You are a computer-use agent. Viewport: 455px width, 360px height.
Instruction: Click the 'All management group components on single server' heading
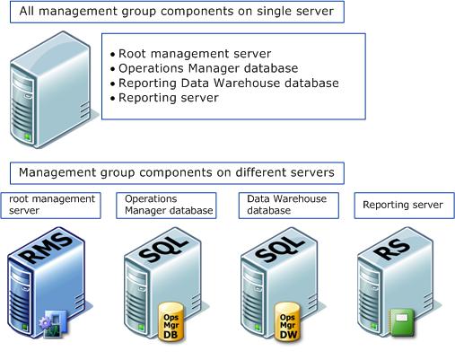coord(177,12)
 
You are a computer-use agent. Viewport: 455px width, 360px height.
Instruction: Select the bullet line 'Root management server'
coord(195,54)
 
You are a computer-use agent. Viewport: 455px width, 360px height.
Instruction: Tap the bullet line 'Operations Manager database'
coord(208,68)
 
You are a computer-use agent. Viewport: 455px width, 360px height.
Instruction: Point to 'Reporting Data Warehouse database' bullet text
coord(229,83)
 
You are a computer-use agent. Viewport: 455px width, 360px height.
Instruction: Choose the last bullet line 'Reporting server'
coord(169,98)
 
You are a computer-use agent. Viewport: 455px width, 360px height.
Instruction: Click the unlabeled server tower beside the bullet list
coord(51,90)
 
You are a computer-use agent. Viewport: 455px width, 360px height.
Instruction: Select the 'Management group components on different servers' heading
coord(177,173)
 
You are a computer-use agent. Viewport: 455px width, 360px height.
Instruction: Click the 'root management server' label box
coord(50,206)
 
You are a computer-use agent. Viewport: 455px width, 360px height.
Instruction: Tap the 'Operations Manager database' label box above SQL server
coord(166,206)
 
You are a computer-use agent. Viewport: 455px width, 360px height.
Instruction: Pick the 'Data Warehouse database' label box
coord(289,206)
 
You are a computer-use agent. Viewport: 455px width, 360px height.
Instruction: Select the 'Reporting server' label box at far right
coord(404,206)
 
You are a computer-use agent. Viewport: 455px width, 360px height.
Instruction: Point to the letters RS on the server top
coord(392,248)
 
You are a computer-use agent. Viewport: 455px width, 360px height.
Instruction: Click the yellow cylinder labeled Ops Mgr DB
coord(171,321)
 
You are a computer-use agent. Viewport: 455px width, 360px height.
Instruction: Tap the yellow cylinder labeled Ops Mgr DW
coord(287,321)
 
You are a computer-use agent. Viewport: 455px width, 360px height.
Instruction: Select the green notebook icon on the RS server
coord(402,322)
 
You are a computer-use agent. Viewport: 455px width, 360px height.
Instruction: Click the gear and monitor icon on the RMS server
coord(53,324)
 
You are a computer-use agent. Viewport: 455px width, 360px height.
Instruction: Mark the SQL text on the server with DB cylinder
coord(163,249)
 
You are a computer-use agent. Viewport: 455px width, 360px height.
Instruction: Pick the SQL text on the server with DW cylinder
coord(280,249)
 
